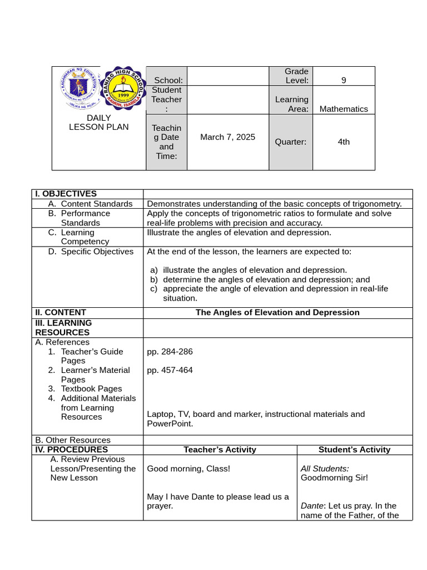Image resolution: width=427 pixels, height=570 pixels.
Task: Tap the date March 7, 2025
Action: pos(227,137)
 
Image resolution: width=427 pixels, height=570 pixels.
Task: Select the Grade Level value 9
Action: pos(344,80)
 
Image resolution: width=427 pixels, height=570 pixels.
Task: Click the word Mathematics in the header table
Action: pos(344,109)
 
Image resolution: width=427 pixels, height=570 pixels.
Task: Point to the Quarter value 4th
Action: pos(344,142)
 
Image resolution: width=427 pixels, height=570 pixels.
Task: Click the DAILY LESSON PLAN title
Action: pos(98,122)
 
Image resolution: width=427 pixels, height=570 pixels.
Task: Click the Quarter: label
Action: pos(290,142)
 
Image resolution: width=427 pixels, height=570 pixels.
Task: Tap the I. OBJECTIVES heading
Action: pos(66,194)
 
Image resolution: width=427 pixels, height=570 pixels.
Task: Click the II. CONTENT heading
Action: pos(61,312)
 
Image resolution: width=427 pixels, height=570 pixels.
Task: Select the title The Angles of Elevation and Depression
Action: pos(277,312)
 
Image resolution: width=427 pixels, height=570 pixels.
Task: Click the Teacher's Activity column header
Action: pos(220,450)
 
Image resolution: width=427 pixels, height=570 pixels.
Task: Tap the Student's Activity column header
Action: pos(354,450)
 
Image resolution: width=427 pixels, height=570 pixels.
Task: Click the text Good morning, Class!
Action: pos(188,469)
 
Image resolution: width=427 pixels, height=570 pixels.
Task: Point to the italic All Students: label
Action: pos(325,469)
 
